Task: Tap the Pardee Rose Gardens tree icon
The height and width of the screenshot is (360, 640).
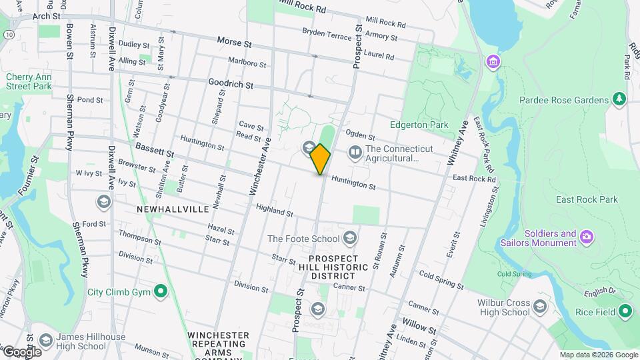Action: (620, 100)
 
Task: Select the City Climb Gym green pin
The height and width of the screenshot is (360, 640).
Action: (161, 291)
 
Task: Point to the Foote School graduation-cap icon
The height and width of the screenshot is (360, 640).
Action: (350, 238)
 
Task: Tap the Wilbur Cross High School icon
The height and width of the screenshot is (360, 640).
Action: (539, 307)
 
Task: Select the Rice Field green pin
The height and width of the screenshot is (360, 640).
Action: (625, 311)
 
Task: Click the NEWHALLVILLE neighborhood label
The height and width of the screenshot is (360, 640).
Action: (173, 209)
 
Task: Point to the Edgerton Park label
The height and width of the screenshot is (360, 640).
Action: (419, 125)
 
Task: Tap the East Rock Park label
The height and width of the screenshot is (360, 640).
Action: (587, 199)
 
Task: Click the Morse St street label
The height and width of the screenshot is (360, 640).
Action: (234, 42)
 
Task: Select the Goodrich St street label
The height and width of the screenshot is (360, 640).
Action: (231, 85)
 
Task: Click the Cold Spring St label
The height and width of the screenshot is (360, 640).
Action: (441, 279)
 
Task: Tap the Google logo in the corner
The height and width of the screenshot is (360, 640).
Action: (22, 351)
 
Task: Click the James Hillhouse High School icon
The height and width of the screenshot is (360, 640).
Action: (45, 341)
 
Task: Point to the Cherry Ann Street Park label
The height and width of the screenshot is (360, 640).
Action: (29, 81)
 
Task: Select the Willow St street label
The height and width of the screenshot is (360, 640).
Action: (419, 330)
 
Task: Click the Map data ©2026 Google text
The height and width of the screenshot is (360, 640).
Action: (598, 355)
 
